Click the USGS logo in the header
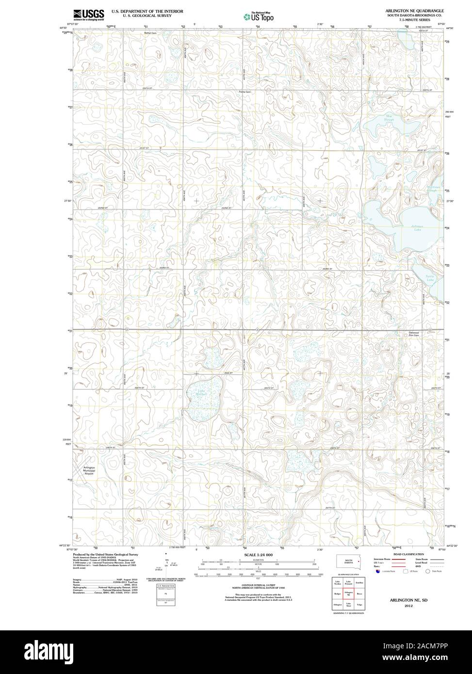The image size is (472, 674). [88, 15]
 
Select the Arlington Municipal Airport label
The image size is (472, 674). [92, 470]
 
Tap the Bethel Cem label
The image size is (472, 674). [150, 33]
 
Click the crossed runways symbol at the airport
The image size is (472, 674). [81, 468]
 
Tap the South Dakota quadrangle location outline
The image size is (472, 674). [349, 561]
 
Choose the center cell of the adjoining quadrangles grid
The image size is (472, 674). [348, 593]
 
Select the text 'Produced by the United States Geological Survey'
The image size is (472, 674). [105, 554]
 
